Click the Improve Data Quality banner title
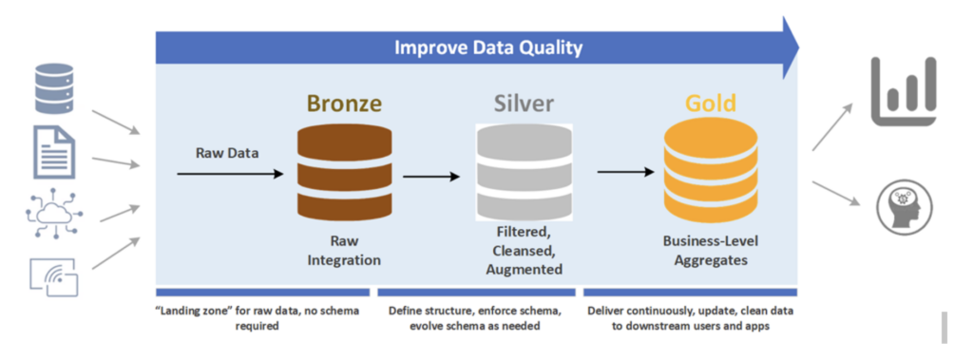(x=488, y=47)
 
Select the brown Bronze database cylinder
(x=344, y=170)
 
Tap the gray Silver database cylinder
(x=524, y=172)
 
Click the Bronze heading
(x=344, y=103)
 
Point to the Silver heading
(x=524, y=103)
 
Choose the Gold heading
(x=711, y=103)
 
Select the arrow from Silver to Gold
(x=625, y=172)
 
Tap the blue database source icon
(x=54, y=87)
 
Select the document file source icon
(x=54, y=151)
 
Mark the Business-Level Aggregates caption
(x=711, y=251)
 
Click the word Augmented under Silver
(x=524, y=270)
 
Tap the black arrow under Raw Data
(x=230, y=175)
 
